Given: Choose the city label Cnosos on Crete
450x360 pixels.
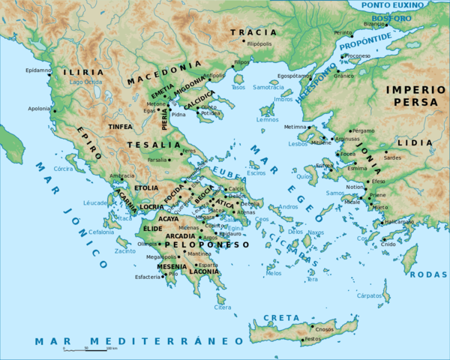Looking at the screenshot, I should click(x=324, y=328).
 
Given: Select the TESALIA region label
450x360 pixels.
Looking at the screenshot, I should click(x=144, y=144).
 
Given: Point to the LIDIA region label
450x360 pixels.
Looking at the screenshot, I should click(x=418, y=141).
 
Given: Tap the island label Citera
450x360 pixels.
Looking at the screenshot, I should click(x=223, y=307).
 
